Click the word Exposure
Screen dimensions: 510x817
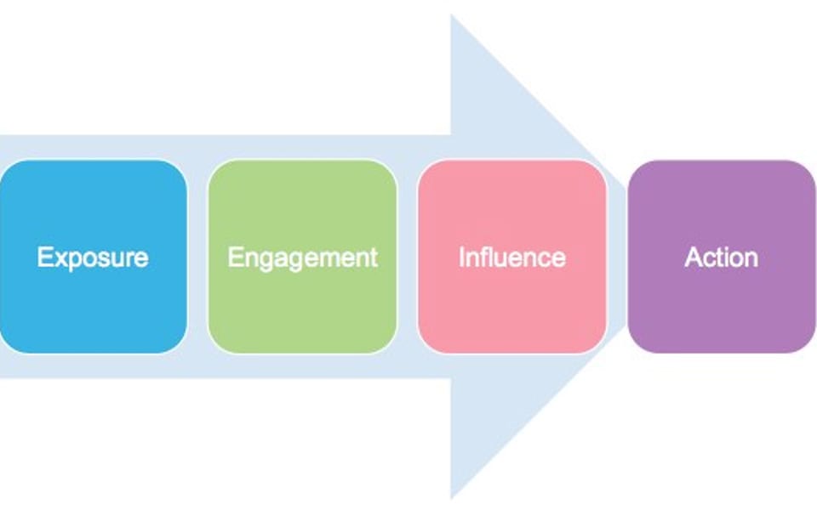[x=93, y=257]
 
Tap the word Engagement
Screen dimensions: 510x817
[x=302, y=257]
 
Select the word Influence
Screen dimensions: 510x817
[x=511, y=257]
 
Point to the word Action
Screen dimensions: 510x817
[x=721, y=257]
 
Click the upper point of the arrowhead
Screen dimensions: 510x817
[x=452, y=19]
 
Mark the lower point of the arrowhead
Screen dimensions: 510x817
[x=452, y=495]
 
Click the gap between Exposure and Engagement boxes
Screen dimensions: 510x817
[x=197, y=257]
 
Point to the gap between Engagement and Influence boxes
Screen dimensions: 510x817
[x=407, y=257]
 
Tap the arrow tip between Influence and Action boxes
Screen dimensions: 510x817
[x=620, y=257]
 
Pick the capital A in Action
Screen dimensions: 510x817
[x=693, y=257]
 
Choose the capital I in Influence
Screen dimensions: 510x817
[x=462, y=257]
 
